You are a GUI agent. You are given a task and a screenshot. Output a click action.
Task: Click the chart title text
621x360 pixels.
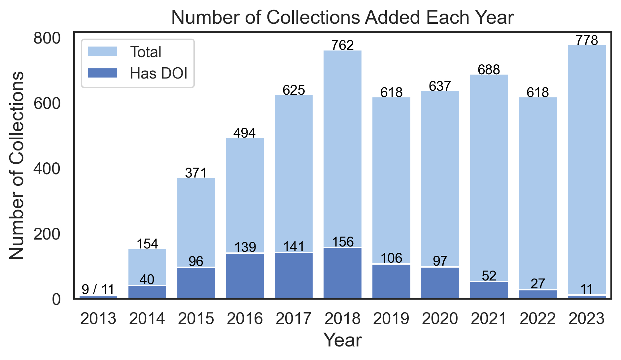point(342,17)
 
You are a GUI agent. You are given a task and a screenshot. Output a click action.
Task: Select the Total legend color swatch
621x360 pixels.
point(102,51)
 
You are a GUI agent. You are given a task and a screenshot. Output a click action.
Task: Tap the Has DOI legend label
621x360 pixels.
point(158,73)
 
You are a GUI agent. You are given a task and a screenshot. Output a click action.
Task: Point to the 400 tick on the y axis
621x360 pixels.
point(47,169)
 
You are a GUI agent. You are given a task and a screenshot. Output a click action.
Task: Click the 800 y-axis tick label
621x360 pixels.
point(47,39)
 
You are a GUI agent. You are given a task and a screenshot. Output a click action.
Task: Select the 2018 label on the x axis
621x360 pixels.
point(342,319)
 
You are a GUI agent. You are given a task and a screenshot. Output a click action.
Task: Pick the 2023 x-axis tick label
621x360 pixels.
point(586,319)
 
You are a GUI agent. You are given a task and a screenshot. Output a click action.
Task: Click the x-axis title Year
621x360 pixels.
point(342,340)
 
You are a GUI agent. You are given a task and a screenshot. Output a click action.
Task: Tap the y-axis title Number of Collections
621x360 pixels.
point(17,165)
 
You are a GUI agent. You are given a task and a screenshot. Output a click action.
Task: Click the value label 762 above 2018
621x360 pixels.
point(342,45)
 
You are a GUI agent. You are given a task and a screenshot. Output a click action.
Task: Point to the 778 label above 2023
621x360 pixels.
point(587,40)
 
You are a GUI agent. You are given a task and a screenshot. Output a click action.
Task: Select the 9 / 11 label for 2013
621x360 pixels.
point(98,289)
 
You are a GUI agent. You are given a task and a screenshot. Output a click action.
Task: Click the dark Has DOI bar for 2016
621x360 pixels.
point(245,276)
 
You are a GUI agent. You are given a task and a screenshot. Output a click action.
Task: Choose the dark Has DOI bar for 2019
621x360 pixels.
point(391,281)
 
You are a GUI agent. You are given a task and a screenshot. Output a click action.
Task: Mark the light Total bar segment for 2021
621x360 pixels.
point(489,178)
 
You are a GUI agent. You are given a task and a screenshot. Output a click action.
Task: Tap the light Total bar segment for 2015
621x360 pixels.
point(196,223)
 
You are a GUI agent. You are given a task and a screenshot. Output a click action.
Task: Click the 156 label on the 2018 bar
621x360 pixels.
point(342,242)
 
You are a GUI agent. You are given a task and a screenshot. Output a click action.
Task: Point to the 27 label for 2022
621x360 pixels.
point(538,284)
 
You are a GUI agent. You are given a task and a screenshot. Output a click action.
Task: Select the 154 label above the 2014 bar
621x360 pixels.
point(147,244)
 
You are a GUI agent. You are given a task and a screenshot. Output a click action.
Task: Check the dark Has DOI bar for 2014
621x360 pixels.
point(147,292)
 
